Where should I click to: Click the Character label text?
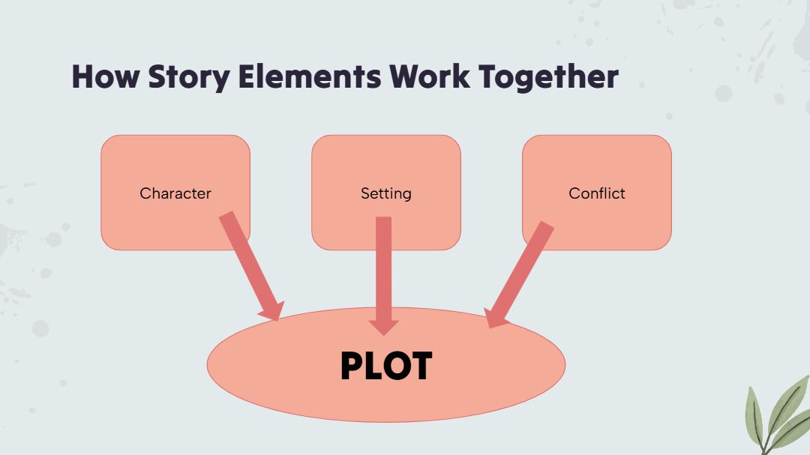pos(175,193)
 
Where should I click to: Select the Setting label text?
pos(386,193)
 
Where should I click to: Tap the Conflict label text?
pos(597,193)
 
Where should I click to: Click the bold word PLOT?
pos(386,367)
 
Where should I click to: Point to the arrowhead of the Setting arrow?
pos(384,326)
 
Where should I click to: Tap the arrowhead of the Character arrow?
pos(271,310)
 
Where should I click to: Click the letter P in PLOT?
pos(352,367)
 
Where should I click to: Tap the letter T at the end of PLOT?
pos(420,367)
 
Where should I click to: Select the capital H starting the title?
pos(82,76)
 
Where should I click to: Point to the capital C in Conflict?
pos(574,193)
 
